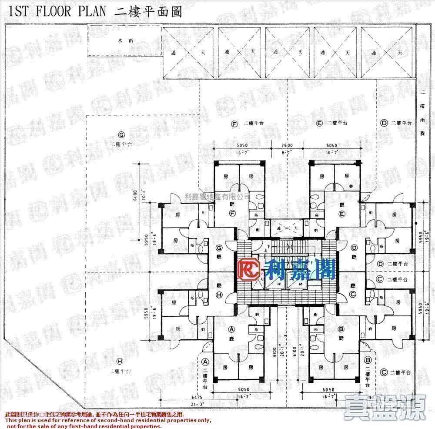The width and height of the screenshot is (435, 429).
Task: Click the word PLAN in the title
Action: [92, 11]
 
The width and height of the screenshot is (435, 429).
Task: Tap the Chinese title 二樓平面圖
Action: [147, 11]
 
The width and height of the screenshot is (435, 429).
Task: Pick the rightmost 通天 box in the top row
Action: [387, 52]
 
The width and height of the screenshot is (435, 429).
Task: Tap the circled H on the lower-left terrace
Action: [120, 361]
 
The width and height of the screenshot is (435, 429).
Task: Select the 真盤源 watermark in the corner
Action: [385, 407]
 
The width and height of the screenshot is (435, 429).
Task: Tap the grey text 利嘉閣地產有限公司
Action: [217, 197]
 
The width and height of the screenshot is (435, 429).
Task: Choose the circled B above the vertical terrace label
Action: [368, 360]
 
